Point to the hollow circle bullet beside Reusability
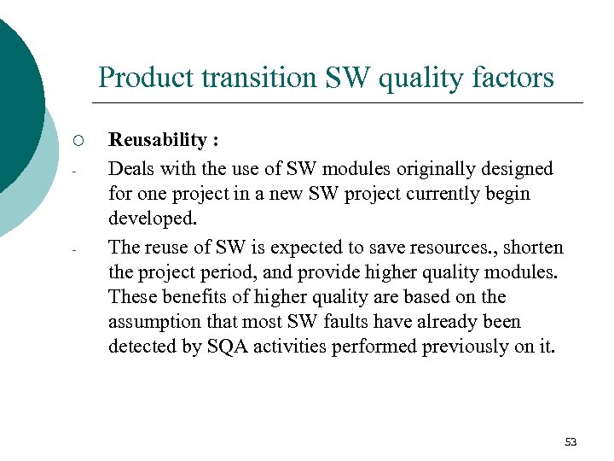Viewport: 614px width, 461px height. [x=76, y=140]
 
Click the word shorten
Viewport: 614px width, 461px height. [x=533, y=247]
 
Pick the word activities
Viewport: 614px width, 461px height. [x=292, y=347]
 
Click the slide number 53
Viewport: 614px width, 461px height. [x=571, y=441]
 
